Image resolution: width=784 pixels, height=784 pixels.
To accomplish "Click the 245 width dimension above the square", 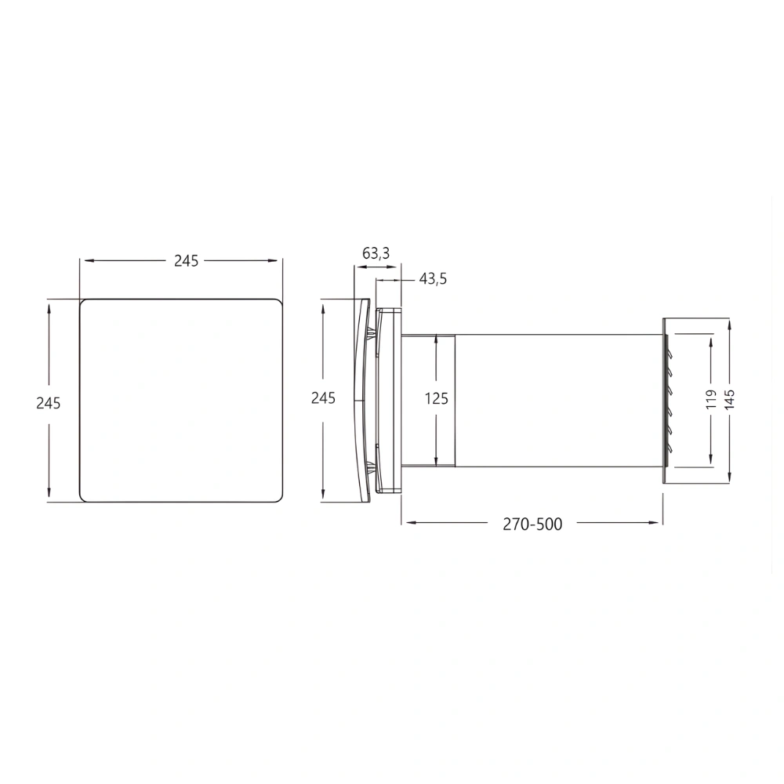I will (x=186, y=261).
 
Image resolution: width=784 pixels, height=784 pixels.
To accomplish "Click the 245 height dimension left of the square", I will (x=49, y=402).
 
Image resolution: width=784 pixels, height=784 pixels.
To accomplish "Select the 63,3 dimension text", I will (x=376, y=252).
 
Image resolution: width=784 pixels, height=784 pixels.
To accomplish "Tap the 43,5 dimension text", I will (x=433, y=279).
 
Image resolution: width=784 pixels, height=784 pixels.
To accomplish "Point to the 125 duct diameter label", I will (x=437, y=398).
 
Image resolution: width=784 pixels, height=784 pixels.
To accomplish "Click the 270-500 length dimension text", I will (x=532, y=524).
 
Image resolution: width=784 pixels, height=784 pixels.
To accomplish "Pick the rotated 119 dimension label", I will (x=710, y=400).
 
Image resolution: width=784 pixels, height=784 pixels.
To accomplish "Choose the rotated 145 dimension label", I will (x=729, y=400).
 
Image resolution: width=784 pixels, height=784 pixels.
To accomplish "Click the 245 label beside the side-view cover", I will (x=323, y=398).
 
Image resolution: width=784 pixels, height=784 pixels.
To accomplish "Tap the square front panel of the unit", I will (x=180, y=400).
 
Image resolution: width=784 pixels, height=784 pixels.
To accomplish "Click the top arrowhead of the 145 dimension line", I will (x=729, y=323).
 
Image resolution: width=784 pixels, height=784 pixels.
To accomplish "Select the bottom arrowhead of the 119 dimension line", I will (x=710, y=460).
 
